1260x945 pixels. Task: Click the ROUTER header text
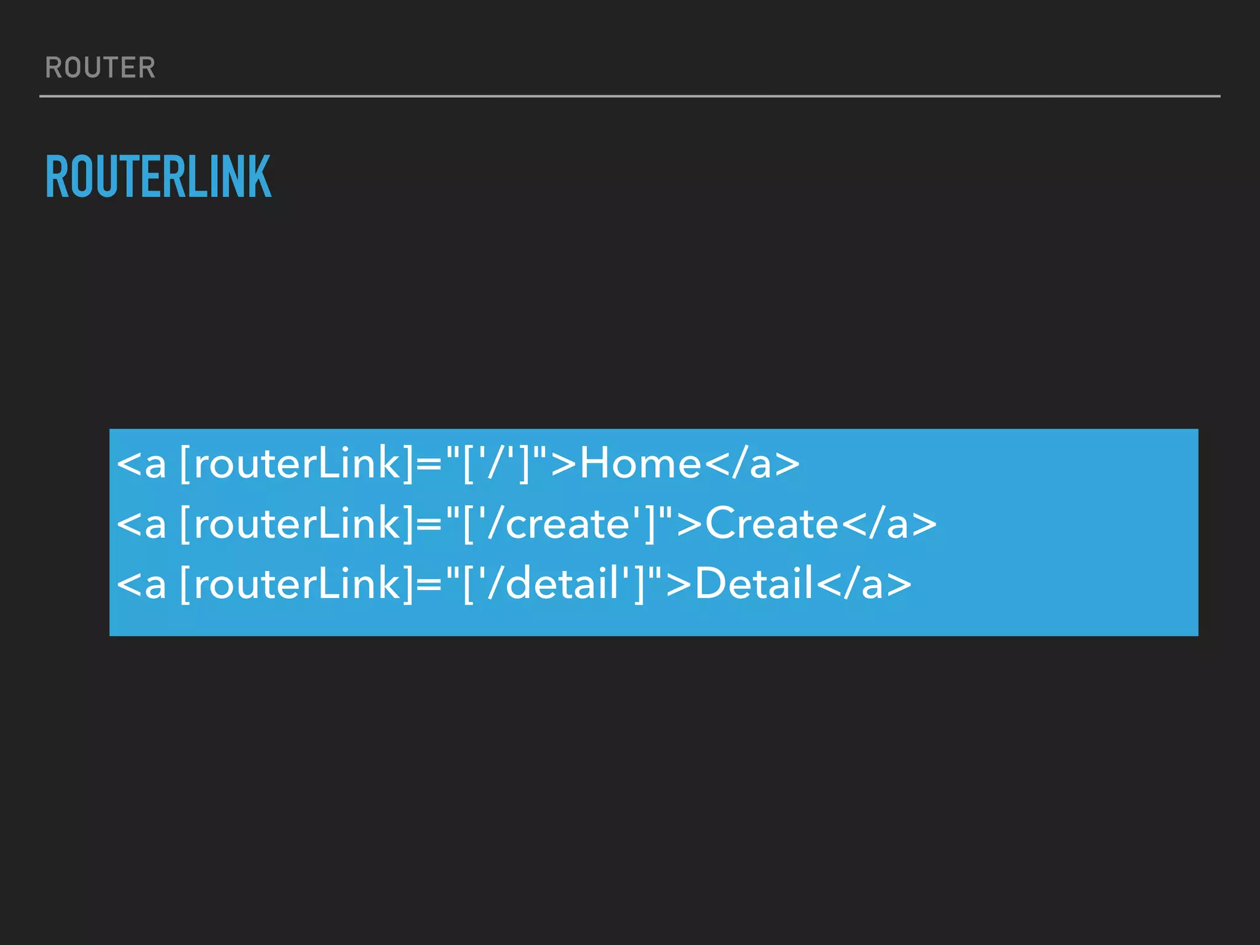(100, 68)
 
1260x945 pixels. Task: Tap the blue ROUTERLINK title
(158, 177)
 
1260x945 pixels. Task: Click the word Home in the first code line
(640, 463)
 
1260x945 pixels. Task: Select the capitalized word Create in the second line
(772, 524)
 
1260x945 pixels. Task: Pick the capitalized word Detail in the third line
(754, 583)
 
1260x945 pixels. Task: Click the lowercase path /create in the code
(557, 524)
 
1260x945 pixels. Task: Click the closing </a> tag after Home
(752, 463)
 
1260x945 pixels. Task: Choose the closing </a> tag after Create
(889, 524)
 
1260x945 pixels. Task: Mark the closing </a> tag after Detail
(864, 583)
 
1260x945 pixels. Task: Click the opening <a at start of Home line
(142, 463)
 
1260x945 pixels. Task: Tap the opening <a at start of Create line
(142, 524)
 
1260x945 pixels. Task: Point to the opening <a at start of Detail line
(142, 583)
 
